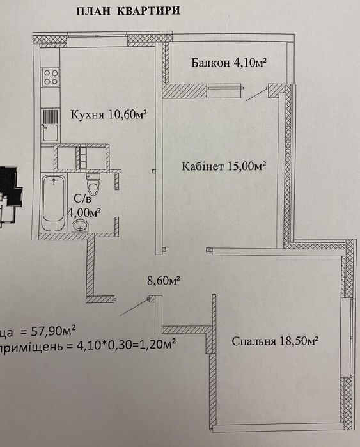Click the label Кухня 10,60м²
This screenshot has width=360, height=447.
(x=109, y=114)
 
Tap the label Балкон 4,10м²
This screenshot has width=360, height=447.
(x=228, y=63)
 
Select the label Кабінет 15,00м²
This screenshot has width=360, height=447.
(x=223, y=166)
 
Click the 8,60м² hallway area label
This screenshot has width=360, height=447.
(x=162, y=279)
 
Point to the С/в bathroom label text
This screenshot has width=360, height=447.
(x=80, y=198)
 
